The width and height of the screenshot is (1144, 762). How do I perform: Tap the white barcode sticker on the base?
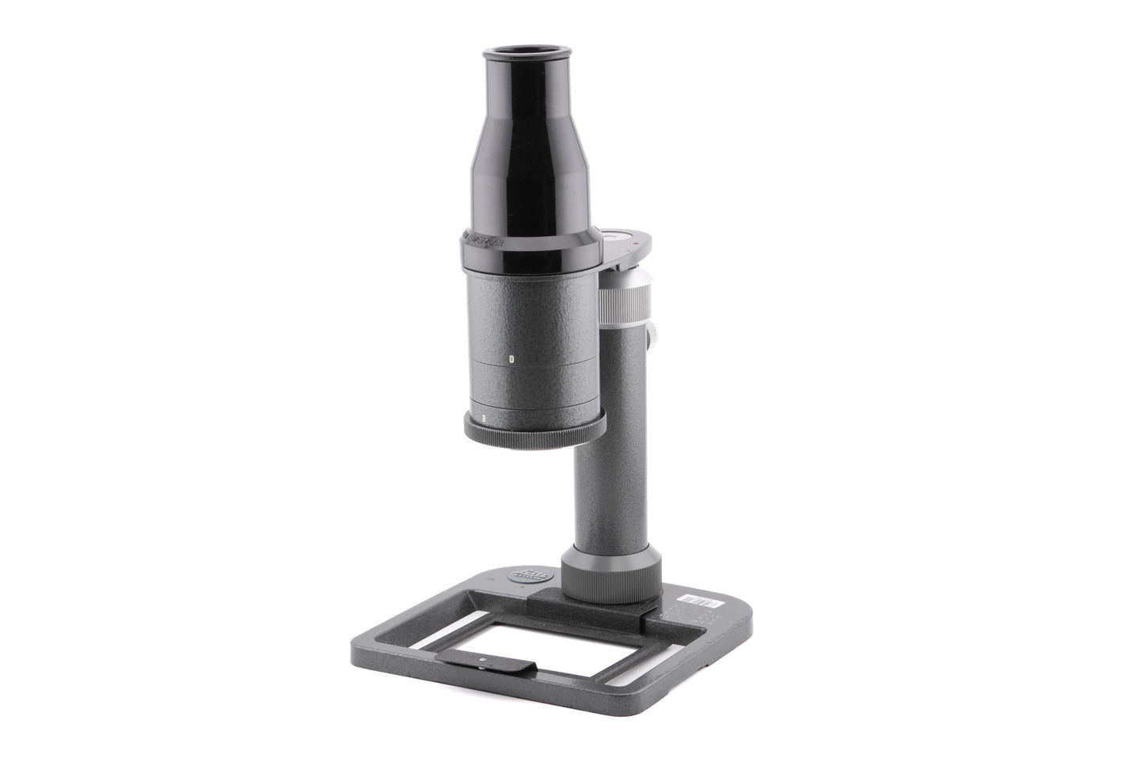pos(701,601)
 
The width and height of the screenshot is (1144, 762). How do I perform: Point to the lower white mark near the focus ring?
pos(482,415)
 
